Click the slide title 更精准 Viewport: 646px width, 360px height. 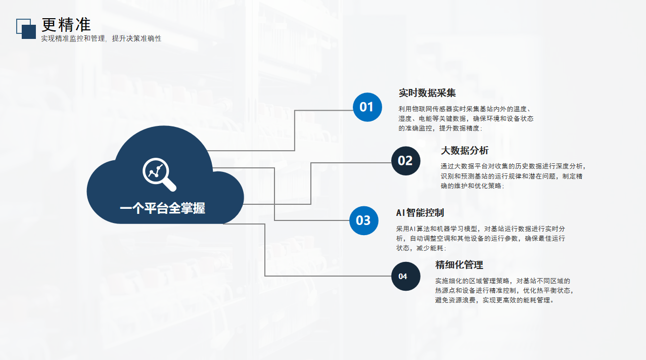pyautogui.click(x=66, y=24)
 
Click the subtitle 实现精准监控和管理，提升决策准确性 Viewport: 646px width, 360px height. pyautogui.click(x=101, y=38)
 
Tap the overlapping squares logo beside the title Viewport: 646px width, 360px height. pyautogui.click(x=26, y=29)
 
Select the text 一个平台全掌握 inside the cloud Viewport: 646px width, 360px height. pyautogui.click(x=162, y=208)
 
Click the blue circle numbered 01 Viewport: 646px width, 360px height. pyautogui.click(x=366, y=107)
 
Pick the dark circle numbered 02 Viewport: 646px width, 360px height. pyautogui.click(x=405, y=161)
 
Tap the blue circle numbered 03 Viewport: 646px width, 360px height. pyautogui.click(x=363, y=220)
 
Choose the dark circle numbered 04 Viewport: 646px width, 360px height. pyautogui.click(x=405, y=276)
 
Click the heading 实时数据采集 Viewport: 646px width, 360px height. pyautogui.click(x=427, y=93)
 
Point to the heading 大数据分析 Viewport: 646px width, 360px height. pyautogui.click(x=465, y=151)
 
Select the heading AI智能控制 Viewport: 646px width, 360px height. pyautogui.click(x=420, y=213)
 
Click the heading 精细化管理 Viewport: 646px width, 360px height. pyautogui.click(x=459, y=265)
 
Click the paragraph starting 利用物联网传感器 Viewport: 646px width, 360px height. pyautogui.click(x=466, y=118)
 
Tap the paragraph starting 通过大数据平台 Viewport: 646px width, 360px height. pyautogui.click(x=512, y=176)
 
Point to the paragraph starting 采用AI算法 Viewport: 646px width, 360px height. pyautogui.click(x=480, y=238)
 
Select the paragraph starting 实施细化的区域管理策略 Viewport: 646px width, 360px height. pyautogui.click(x=504, y=290)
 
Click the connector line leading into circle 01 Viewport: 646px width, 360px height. pyautogui.click(x=324, y=110)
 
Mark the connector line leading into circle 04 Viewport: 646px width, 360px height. pyautogui.click(x=329, y=276)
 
